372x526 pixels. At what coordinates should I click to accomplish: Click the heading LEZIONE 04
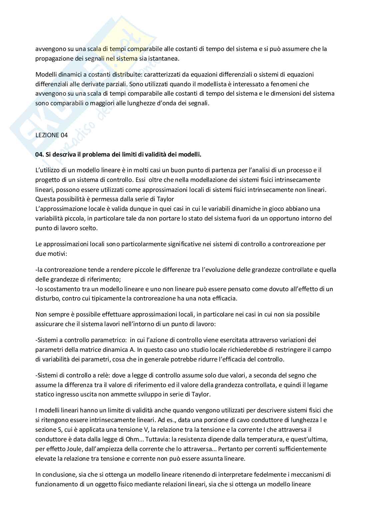pyautogui.click(x=51, y=135)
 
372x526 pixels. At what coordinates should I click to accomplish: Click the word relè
pyautogui.click(x=94, y=375)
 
